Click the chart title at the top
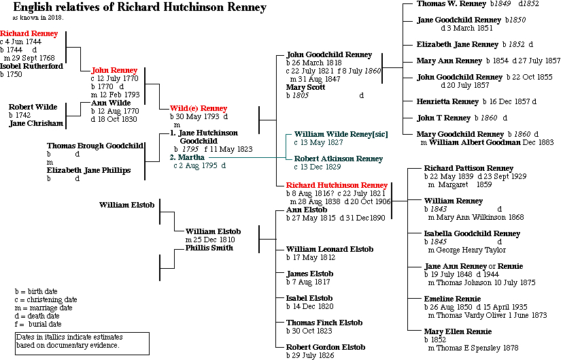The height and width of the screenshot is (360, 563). (139, 7)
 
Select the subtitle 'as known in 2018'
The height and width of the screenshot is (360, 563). (41, 18)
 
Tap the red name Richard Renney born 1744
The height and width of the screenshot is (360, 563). (29, 33)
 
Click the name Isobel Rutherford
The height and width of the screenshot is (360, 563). (32, 66)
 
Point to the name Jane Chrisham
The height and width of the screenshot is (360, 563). (36, 123)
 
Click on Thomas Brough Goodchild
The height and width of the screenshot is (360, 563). (95, 146)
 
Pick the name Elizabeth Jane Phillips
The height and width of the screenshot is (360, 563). (88, 170)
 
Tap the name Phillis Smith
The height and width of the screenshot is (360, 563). (209, 248)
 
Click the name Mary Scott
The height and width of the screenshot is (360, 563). (306, 87)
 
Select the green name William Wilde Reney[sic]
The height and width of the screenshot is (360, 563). (341, 134)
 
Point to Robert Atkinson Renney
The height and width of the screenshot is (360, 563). (339, 159)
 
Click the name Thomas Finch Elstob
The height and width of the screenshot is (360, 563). (324, 323)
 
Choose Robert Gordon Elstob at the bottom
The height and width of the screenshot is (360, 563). (326, 347)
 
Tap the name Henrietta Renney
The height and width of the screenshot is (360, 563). (447, 101)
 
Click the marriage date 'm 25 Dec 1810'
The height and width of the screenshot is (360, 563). (210, 240)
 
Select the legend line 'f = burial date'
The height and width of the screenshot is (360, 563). (43, 324)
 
